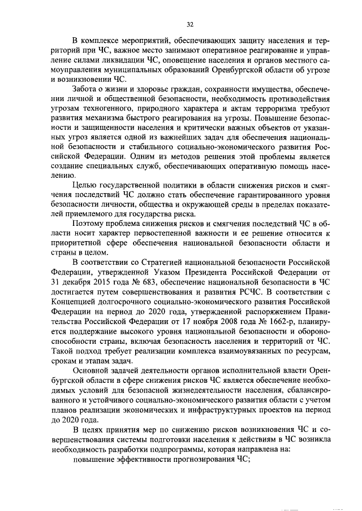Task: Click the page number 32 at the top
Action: point(190,24)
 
